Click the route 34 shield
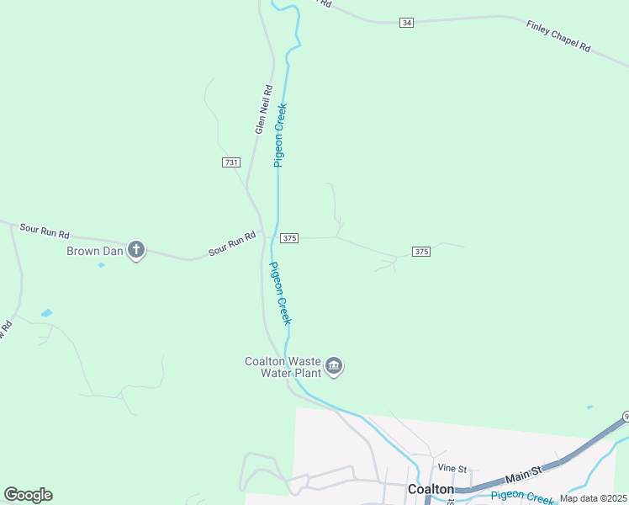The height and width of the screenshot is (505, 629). click(407, 22)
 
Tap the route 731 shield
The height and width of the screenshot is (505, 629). click(232, 162)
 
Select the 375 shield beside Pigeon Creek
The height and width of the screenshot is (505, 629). click(289, 238)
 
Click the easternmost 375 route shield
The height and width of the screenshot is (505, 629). click(421, 252)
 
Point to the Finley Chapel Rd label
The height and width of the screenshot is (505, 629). click(559, 37)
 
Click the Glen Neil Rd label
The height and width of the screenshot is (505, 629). click(265, 109)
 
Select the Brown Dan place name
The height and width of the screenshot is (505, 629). click(95, 250)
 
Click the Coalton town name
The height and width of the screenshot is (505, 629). click(431, 488)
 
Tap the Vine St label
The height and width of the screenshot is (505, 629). click(452, 468)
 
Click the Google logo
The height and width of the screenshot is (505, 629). click(29, 494)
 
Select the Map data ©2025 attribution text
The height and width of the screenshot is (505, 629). click(594, 498)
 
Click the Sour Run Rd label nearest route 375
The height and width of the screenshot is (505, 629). click(232, 245)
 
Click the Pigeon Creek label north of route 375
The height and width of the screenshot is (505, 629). click(281, 135)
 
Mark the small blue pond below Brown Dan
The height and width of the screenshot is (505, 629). click(102, 265)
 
